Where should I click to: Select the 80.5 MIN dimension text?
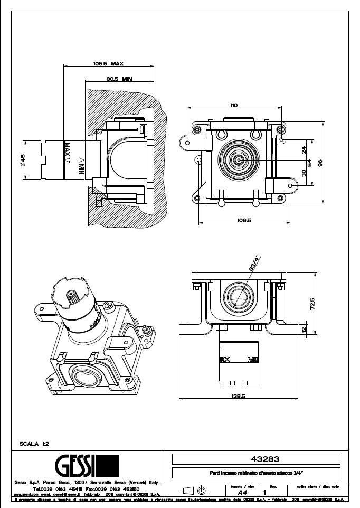(118, 79)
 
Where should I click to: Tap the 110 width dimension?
(233, 105)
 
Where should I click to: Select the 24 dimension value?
(304, 150)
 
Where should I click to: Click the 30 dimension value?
(304, 173)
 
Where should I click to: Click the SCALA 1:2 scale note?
(34, 444)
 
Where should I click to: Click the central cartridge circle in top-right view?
(239, 159)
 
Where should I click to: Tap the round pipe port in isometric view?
(86, 378)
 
